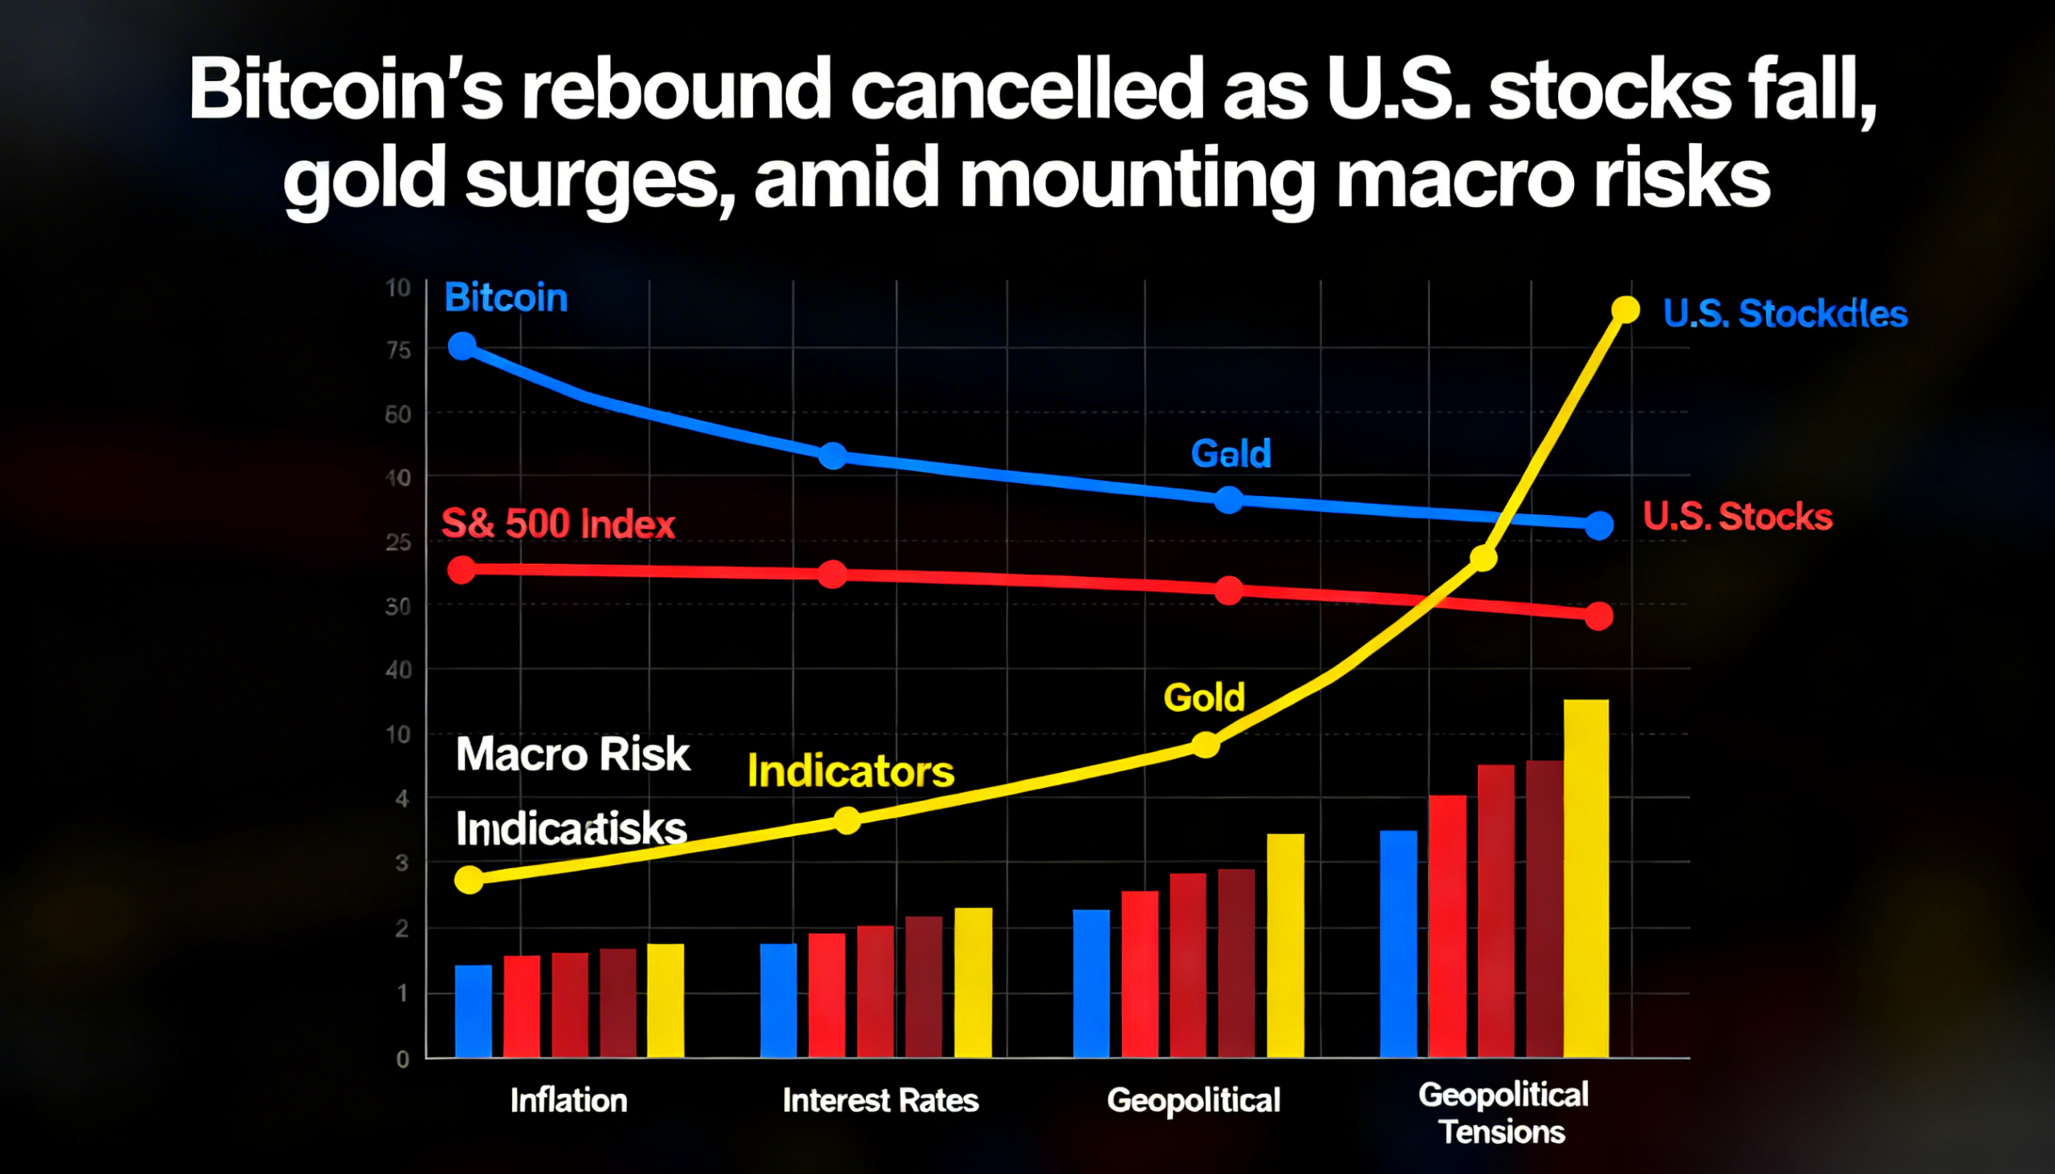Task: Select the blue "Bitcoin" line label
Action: tap(506, 299)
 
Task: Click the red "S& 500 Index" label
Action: tap(557, 524)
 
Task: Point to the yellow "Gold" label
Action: tap(1203, 697)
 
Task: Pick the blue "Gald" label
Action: tap(1231, 453)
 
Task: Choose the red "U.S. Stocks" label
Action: tap(1737, 517)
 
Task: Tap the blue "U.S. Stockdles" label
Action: tap(1784, 314)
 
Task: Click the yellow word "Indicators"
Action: tap(851, 772)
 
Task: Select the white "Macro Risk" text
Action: tap(572, 754)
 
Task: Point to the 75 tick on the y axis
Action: tap(398, 351)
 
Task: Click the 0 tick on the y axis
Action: tap(402, 1059)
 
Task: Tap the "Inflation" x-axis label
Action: tap(568, 1101)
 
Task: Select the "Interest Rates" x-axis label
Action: tap(880, 1101)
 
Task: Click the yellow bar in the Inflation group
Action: tap(665, 1000)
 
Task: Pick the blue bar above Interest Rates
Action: tap(779, 1000)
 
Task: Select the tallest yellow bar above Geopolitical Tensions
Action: tap(1585, 879)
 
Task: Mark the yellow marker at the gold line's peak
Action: tap(1625, 310)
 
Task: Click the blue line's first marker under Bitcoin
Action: tap(462, 347)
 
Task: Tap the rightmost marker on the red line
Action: tap(1598, 616)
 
